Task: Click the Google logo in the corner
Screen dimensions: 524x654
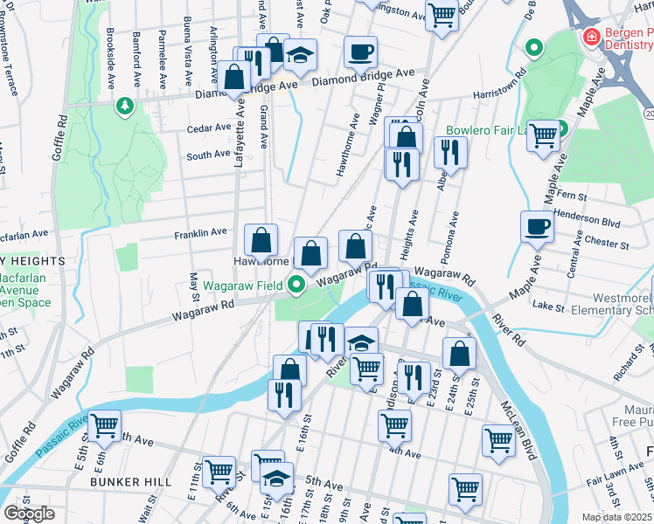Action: tap(29, 514)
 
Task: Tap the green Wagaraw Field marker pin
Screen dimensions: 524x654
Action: tap(297, 285)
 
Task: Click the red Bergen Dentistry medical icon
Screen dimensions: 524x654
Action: tap(592, 38)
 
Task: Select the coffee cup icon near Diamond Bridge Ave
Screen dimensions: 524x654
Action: tap(360, 52)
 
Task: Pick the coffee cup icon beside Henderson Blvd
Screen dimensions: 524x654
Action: tap(537, 227)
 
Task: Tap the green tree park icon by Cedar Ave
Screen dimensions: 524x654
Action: tap(125, 106)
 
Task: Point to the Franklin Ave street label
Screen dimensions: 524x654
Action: tap(200, 233)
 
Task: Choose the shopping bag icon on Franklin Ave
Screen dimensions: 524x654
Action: tap(261, 240)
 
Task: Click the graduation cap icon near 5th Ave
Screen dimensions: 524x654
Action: tap(276, 479)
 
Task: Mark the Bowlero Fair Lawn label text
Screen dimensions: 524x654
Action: tap(490, 131)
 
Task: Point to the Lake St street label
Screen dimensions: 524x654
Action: tap(549, 307)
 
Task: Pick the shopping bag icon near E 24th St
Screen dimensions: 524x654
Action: tap(459, 355)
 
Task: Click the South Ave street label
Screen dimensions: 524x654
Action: tap(208, 155)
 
